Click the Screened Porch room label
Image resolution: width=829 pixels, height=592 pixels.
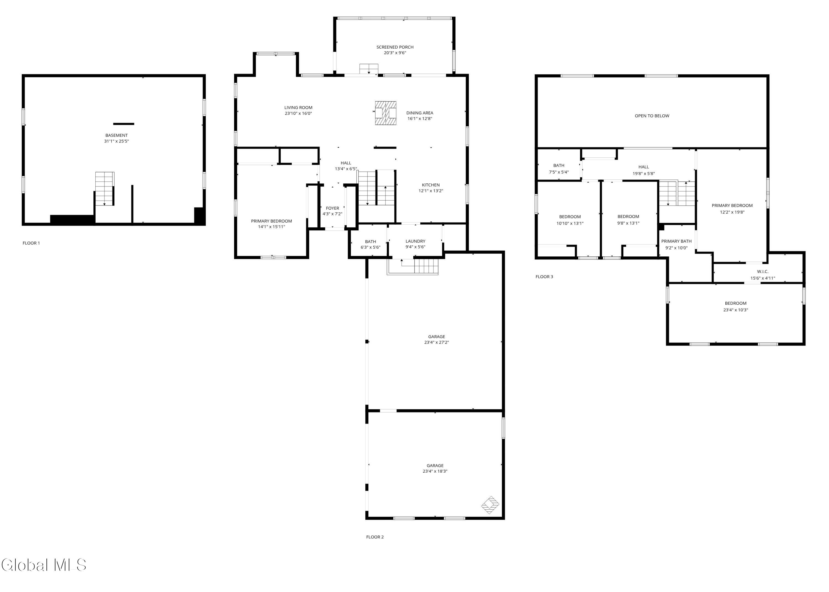pos(395,47)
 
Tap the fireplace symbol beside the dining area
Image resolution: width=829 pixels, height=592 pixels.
pos(386,113)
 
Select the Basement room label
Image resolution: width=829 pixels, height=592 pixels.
pos(117,135)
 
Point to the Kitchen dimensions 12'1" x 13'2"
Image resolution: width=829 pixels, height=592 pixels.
pos(431,191)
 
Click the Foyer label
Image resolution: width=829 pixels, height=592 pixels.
pos(332,208)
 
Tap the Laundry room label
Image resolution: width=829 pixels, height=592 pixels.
pos(416,241)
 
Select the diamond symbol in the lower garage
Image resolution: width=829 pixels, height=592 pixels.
pos(490,505)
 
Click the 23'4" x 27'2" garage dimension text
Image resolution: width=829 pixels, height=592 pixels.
pos(436,342)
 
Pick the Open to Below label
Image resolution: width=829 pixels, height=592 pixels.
pos(652,116)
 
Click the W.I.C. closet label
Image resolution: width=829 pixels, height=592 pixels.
pos(763,272)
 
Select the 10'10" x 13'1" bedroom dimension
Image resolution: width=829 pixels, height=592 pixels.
pos(570,223)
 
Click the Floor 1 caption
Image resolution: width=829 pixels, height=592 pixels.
pos(31,243)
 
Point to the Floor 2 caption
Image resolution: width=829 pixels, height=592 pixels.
pos(375,537)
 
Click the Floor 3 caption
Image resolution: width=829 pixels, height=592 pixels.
pos(544,277)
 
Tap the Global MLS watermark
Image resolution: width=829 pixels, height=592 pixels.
pos(44,565)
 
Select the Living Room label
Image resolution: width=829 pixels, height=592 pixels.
pos(298,107)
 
